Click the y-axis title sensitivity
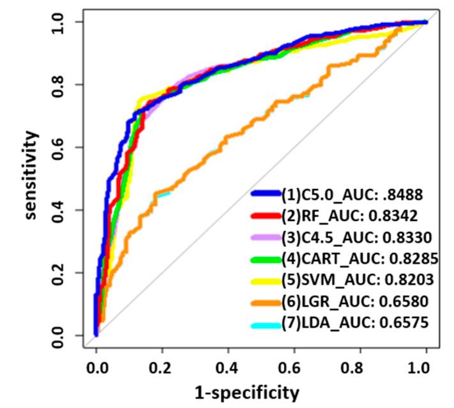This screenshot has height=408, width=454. [x=30, y=175]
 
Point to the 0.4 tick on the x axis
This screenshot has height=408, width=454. [x=228, y=368]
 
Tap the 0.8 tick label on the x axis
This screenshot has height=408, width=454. [x=360, y=368]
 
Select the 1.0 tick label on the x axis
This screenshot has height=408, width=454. [x=426, y=368]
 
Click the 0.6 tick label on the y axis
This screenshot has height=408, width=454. [x=62, y=147]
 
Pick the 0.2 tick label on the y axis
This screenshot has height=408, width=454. [x=62, y=273]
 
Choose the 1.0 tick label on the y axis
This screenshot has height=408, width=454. [x=62, y=22]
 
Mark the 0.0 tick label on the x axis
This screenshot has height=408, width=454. [x=96, y=368]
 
